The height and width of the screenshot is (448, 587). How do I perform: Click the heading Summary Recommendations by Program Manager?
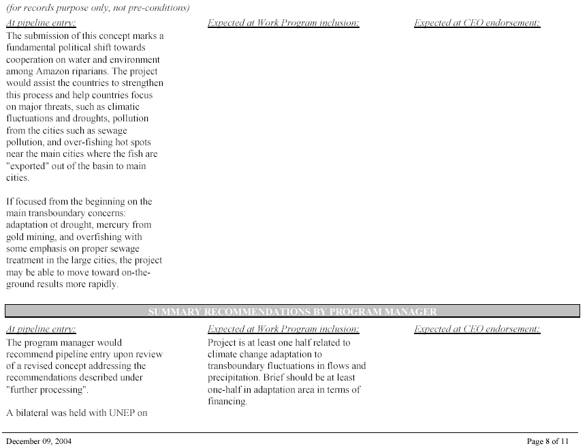click(292, 312)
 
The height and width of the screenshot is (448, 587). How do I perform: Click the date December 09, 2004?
click(39, 441)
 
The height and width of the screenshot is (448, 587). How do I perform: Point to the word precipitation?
click(234, 378)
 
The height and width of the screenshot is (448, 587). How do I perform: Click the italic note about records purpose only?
click(97, 8)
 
